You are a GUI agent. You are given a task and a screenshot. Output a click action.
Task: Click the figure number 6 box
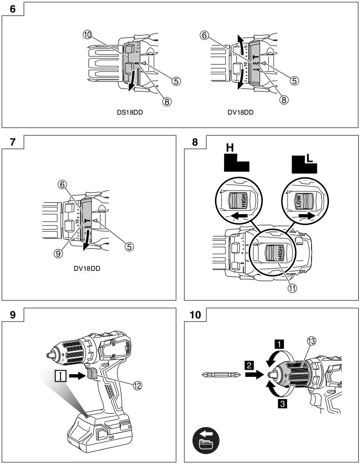tap(12, 9)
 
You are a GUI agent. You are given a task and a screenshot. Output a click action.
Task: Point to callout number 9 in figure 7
tap(58, 253)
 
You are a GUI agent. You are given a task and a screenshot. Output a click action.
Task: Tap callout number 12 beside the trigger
tap(138, 386)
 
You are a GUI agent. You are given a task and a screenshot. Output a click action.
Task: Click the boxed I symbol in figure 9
tap(60, 376)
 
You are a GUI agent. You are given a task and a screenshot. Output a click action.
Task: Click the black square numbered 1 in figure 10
tap(279, 343)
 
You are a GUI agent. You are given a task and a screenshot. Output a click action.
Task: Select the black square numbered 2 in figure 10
tap(249, 365)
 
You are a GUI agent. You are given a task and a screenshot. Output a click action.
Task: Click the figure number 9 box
tap(12, 315)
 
